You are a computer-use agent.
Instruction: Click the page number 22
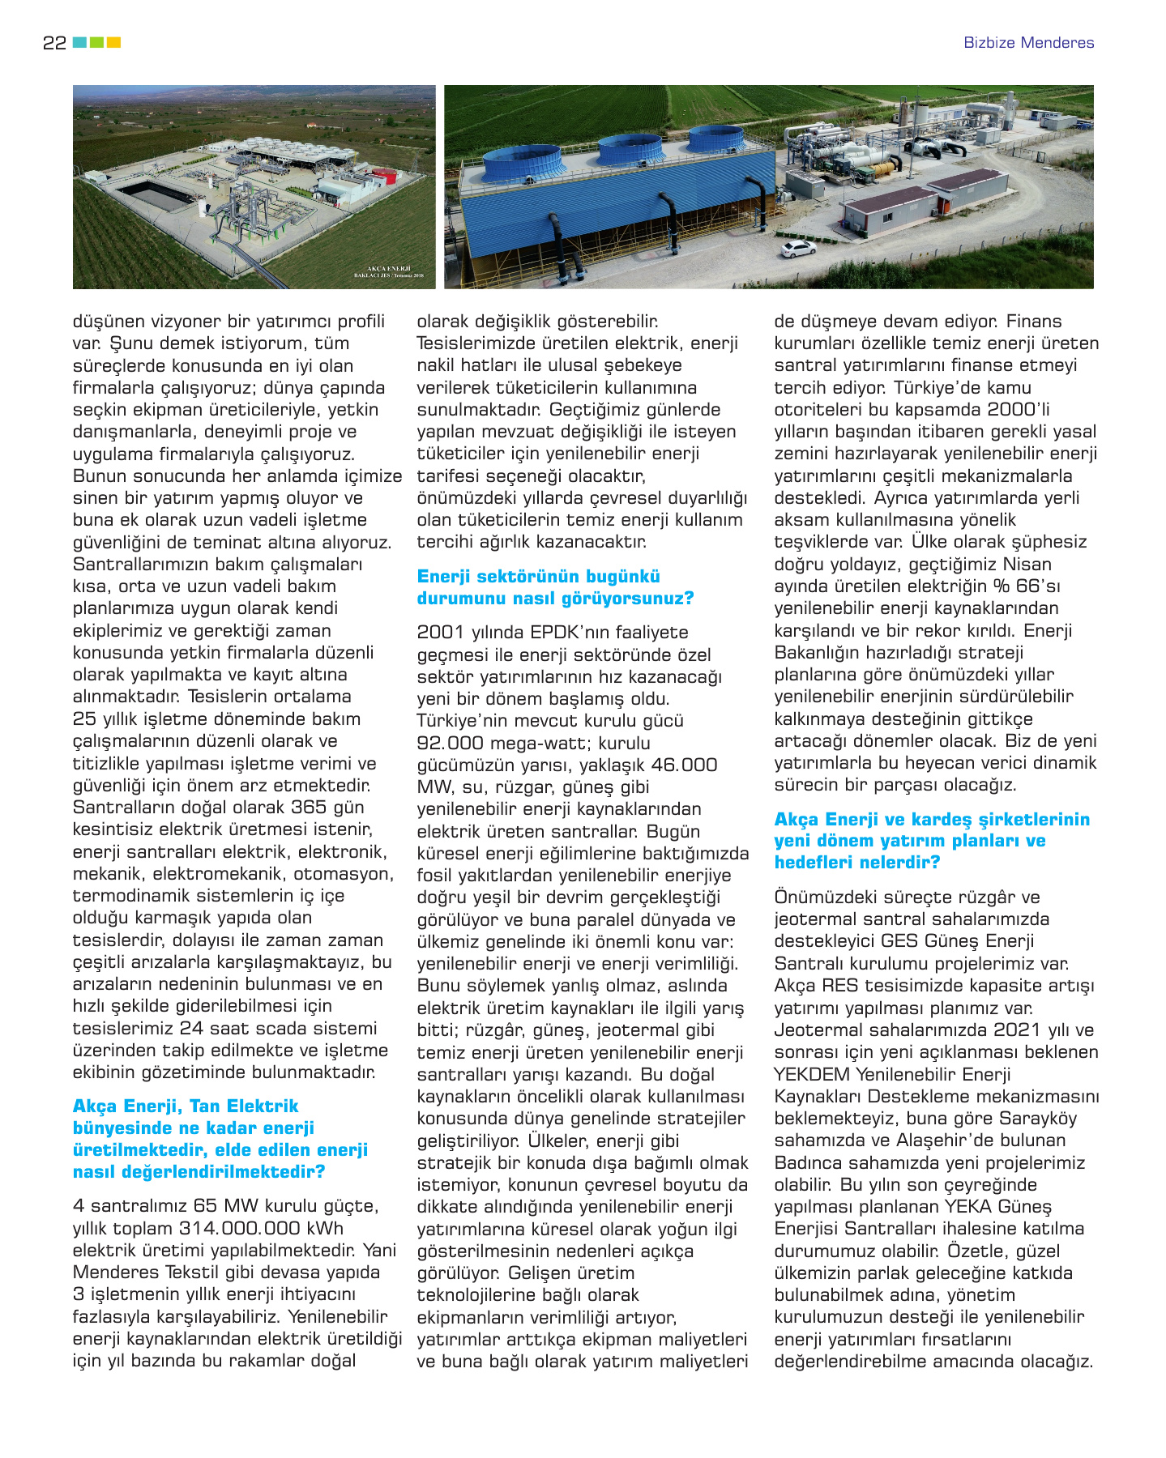(x=54, y=43)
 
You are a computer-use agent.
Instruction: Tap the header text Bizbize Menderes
(x=1028, y=43)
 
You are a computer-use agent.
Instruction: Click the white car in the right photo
(x=798, y=249)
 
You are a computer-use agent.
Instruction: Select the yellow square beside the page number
(x=114, y=42)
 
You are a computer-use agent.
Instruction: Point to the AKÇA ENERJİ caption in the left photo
(x=389, y=268)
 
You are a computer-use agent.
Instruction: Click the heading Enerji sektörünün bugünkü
(x=538, y=577)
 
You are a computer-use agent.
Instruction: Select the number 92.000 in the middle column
(x=451, y=743)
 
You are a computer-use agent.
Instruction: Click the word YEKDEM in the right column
(x=812, y=1075)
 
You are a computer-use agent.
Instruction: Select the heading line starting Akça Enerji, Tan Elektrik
(x=186, y=1106)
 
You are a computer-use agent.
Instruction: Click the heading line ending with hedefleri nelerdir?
(x=856, y=863)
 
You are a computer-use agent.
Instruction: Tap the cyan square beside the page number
(x=79, y=42)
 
